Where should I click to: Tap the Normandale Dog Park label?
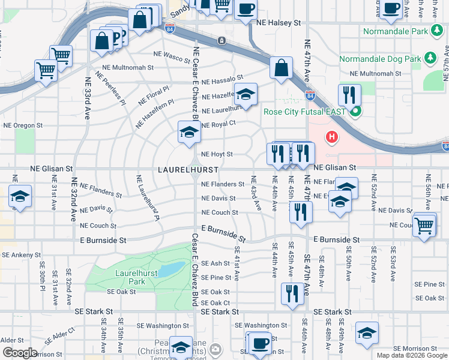(380, 59)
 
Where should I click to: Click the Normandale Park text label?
(395, 31)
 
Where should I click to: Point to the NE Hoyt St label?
(217, 154)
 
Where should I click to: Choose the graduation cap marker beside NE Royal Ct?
(189, 131)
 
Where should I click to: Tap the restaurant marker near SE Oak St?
(292, 293)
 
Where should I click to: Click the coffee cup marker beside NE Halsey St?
(246, 9)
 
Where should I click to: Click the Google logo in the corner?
(20, 353)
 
